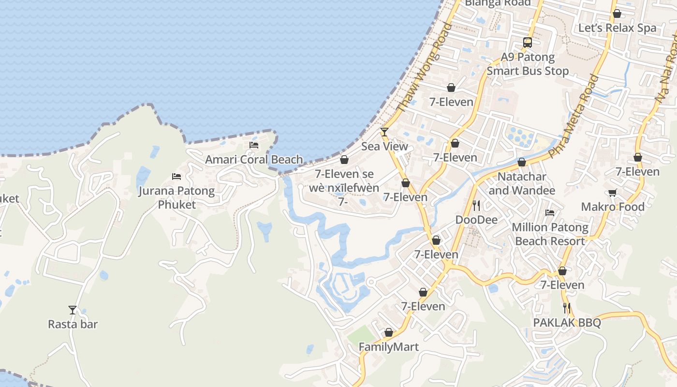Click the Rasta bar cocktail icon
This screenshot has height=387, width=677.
pos(73,310)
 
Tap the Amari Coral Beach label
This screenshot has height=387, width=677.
pos(254,160)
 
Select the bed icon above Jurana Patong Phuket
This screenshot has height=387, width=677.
pos(177,177)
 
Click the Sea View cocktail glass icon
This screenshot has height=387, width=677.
pos(384,132)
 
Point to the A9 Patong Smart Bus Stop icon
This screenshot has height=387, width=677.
pos(528,43)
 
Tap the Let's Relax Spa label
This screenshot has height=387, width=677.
pos(618,28)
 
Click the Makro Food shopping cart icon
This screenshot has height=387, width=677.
pos(613,193)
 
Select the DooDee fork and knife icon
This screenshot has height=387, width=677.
pos(476,206)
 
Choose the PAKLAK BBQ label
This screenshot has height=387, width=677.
pos(567,323)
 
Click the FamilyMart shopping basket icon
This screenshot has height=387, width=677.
pos(388,333)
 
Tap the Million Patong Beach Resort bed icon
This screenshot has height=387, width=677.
pos(550,212)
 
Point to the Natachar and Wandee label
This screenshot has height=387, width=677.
pos(522,183)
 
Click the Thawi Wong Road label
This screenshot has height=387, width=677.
pos(424,68)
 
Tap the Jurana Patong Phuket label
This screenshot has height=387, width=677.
pos(177,197)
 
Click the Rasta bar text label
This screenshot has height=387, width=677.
pos(73,324)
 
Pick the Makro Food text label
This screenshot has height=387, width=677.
pos(613,207)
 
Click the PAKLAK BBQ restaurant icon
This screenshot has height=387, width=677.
pos(567,308)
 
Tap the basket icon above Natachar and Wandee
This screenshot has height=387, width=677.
pos(522,163)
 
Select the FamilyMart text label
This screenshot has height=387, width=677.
pos(388,347)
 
